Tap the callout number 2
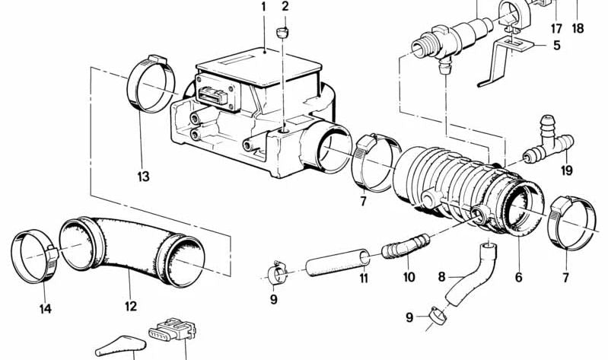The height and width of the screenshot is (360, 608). pos(285,8)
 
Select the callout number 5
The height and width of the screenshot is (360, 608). pos(556,45)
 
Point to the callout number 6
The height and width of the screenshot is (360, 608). pos(518,278)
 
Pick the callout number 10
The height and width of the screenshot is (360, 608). pos(409,278)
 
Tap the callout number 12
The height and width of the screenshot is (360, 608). pos(131,306)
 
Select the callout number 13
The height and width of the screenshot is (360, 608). pos(144,177)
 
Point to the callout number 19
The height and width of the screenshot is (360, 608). pos(566,171)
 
